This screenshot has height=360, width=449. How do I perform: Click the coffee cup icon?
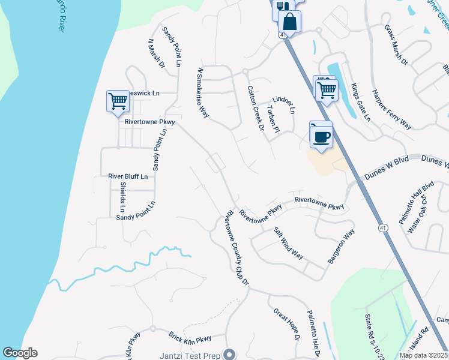pyautogui.click(x=321, y=136)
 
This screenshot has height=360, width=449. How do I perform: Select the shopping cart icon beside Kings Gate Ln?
pyautogui.click(x=327, y=90)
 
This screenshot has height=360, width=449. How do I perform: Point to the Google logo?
pyautogui.click(x=20, y=353)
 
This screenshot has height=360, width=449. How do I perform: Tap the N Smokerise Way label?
pyautogui.click(x=203, y=93)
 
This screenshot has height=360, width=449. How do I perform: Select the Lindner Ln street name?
pyautogui.click(x=284, y=104)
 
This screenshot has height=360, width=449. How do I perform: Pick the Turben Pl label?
pyautogui.click(x=273, y=119)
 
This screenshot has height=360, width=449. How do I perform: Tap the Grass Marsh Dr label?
pyautogui.click(x=396, y=45)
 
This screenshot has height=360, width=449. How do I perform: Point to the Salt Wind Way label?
pyautogui.click(x=288, y=242)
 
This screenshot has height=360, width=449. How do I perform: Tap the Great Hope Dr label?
pyautogui.click(x=286, y=324)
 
